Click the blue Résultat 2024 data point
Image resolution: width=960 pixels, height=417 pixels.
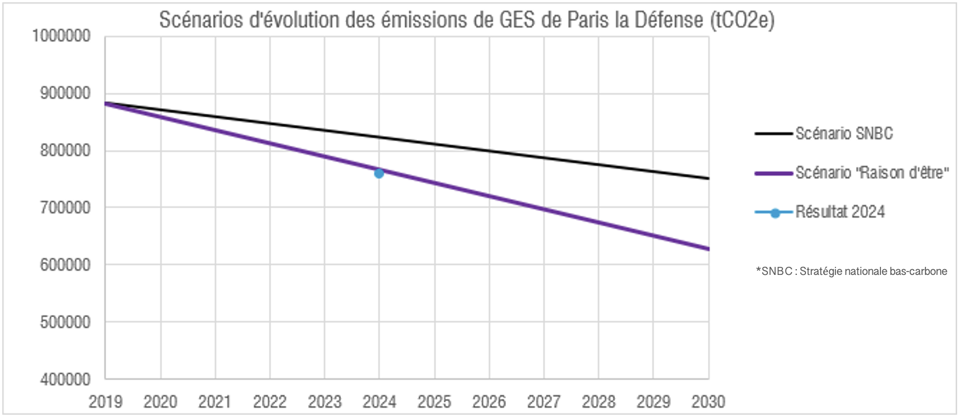[x=379, y=173]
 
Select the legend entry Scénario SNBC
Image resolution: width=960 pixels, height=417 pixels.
[x=843, y=133]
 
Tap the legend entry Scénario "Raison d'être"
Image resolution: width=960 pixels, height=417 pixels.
[x=871, y=173]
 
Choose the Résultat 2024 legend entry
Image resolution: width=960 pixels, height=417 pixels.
[x=839, y=212]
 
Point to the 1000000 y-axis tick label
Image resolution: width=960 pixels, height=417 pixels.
[x=62, y=36]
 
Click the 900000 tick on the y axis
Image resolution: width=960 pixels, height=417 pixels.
[x=65, y=93]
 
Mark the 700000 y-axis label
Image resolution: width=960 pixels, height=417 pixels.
[x=65, y=207]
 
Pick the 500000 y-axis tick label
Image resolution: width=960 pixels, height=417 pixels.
[x=65, y=322]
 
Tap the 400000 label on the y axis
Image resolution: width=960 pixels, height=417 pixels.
[x=65, y=379]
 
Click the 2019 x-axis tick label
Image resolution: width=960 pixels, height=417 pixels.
[x=106, y=401]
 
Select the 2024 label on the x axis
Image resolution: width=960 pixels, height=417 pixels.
[x=379, y=401]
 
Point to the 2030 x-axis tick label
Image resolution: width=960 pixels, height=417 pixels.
[x=708, y=401]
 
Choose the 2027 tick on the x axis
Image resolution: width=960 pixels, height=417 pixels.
[x=543, y=401]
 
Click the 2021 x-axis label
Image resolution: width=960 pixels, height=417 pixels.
[x=215, y=401]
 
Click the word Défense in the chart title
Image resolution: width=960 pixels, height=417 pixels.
[x=669, y=20]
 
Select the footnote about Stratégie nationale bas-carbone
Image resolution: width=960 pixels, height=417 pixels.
[x=852, y=271]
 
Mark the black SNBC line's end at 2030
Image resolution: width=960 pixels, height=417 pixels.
[x=707, y=178]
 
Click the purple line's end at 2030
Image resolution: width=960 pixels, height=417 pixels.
[x=707, y=249]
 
